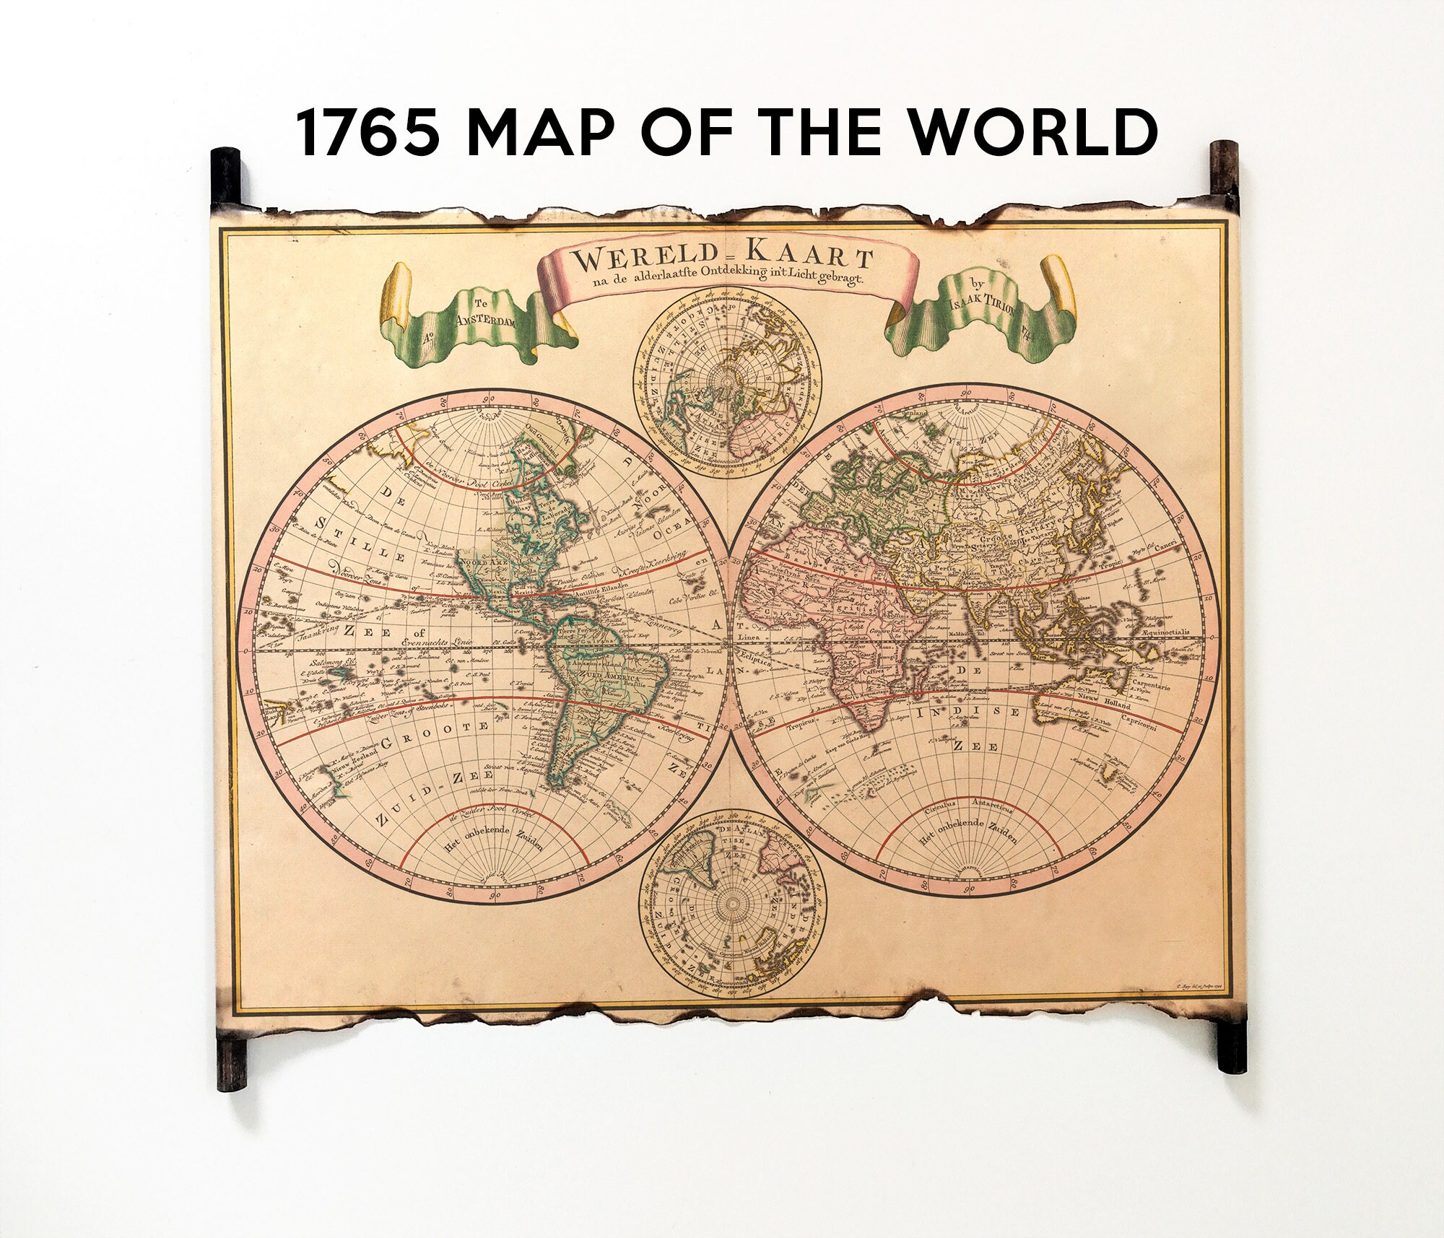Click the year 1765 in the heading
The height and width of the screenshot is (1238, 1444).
click(x=368, y=134)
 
